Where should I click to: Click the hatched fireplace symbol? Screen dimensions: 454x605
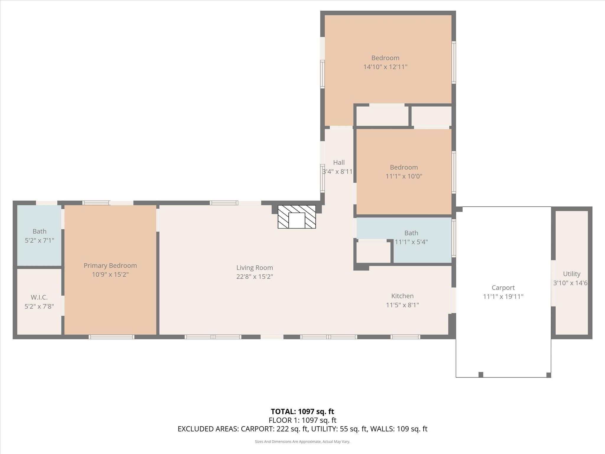tap(297, 217)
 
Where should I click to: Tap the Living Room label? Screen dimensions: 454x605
tap(254, 267)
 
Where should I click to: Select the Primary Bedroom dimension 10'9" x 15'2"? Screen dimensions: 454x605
tap(110, 274)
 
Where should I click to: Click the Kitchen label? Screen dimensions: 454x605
tap(402, 296)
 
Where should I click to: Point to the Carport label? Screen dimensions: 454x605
tap(503, 288)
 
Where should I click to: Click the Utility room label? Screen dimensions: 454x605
tap(571, 274)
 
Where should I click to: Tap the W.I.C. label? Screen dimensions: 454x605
tap(39, 297)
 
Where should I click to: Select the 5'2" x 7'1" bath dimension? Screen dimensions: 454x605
tap(39, 240)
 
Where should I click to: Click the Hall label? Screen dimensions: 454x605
tap(339, 162)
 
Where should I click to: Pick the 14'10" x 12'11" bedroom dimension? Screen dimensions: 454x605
tap(385, 67)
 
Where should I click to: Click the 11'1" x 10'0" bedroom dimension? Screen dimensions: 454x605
tap(404, 176)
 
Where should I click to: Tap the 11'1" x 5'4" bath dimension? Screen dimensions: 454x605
tap(411, 242)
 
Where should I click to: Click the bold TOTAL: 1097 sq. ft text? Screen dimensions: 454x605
tap(302, 411)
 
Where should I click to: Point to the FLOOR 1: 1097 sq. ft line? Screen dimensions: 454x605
tap(302, 420)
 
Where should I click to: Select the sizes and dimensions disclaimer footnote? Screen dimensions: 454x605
tap(302, 442)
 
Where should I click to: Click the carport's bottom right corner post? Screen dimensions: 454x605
tap(549, 375)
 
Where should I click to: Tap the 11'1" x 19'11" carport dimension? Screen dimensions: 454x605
tap(503, 296)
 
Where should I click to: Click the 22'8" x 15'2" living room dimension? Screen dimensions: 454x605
tap(254, 277)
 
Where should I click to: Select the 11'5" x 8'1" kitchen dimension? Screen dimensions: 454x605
tap(402, 305)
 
